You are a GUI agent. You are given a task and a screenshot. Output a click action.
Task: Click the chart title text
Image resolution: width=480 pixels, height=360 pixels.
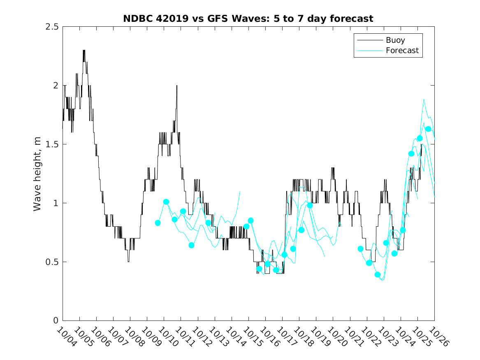tap(248, 19)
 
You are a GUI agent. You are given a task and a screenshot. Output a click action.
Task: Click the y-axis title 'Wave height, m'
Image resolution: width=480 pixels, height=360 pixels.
tap(37, 174)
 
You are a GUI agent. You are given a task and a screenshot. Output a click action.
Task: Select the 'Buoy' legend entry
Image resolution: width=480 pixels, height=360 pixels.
tap(395, 40)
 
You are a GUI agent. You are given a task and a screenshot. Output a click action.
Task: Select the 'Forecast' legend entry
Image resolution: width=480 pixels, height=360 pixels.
tap(402, 51)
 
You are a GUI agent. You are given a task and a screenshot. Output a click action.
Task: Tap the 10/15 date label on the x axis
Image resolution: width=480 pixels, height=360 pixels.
tap(250, 337)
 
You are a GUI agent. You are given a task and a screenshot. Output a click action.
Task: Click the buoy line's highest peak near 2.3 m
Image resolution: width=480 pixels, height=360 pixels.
tap(84, 51)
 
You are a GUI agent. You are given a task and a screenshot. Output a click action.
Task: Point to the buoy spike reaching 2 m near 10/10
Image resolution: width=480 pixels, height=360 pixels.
tap(177, 86)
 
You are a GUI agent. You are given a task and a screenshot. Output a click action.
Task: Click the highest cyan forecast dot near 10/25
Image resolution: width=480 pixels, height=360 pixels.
tap(428, 129)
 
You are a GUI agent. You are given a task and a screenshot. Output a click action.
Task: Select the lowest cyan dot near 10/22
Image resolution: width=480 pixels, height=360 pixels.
tap(378, 274)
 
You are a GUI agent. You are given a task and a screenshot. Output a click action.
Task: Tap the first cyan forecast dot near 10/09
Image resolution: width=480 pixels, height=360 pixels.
tap(158, 223)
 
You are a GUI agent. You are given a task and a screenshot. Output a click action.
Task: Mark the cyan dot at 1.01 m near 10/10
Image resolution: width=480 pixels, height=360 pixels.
tap(166, 202)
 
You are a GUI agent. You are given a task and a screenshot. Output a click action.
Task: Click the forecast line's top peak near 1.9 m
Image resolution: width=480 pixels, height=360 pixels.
tap(424, 99)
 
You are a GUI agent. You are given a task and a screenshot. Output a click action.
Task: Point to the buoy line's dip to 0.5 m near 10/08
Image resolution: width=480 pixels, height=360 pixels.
tap(128, 261)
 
